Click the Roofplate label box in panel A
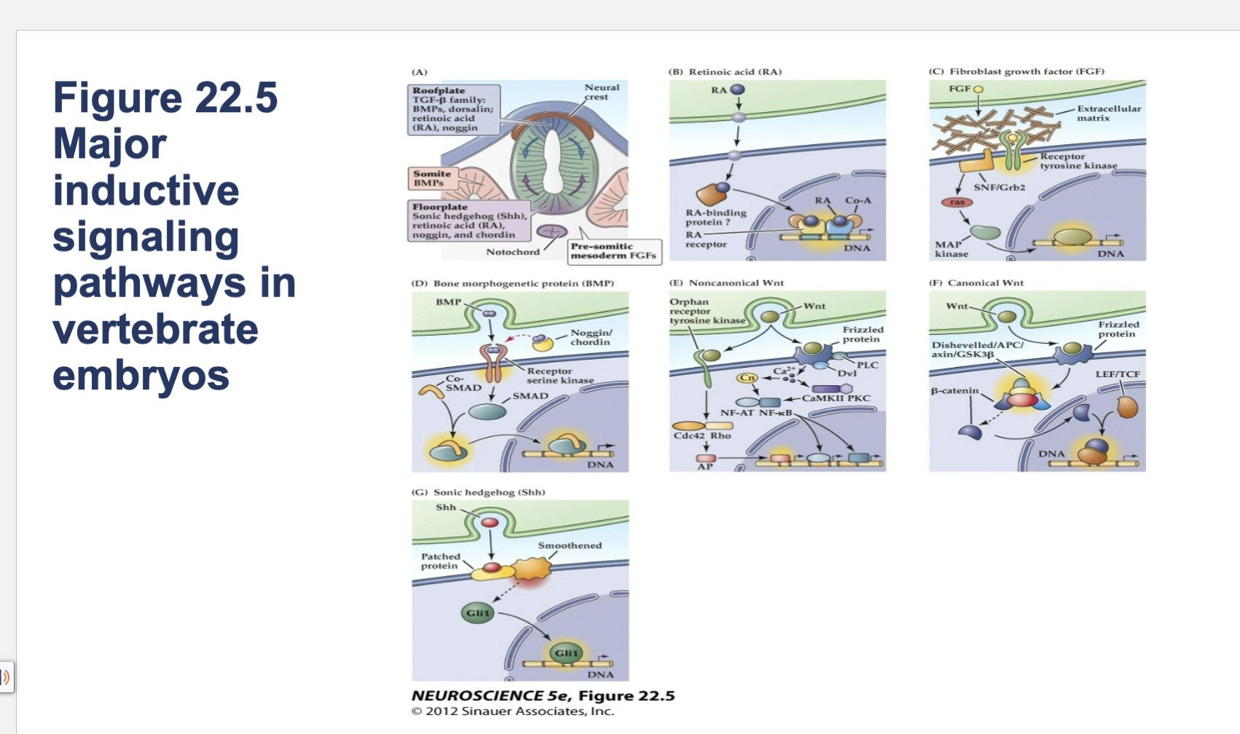[453, 109]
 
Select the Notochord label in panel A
[513, 252]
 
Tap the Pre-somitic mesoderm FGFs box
[613, 251]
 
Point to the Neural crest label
[602, 92]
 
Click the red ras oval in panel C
[957, 202]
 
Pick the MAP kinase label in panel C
[951, 249]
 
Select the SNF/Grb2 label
[999, 187]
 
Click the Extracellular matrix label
[1108, 113]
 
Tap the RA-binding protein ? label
[715, 217]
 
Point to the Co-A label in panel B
[858, 200]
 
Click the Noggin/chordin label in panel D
[590, 337]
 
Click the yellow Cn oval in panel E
[747, 378]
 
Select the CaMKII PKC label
[836, 398]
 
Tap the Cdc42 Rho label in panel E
[702, 435]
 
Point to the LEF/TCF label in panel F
[1117, 374]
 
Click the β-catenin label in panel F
[954, 391]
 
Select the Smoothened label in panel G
[570, 545]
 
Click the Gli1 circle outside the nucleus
[478, 613]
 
